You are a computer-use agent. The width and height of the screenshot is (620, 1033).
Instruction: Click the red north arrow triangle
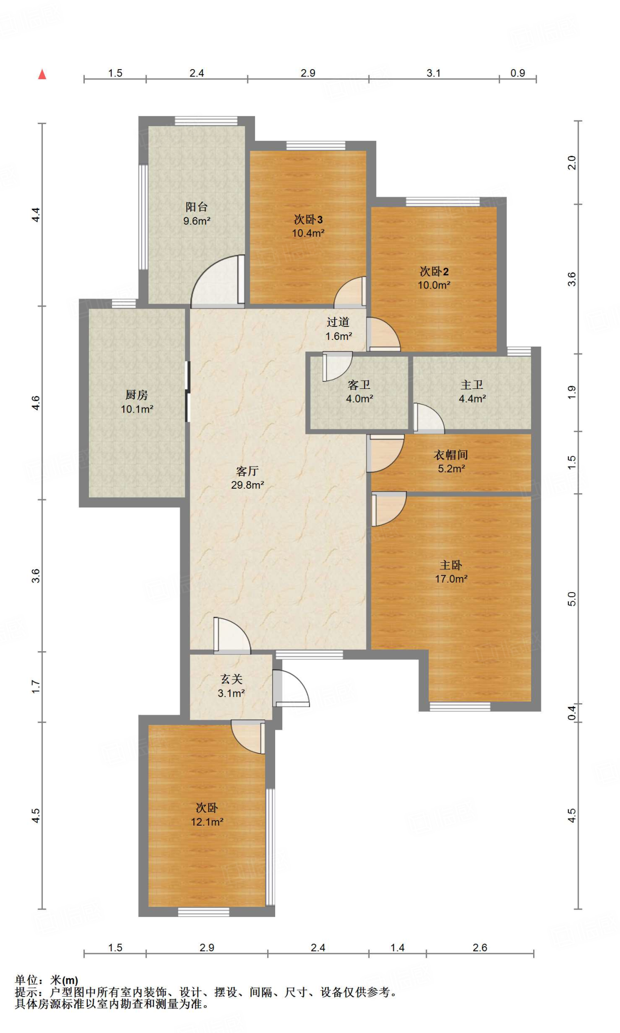(x=42, y=74)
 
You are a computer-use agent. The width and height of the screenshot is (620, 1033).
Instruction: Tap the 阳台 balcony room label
(x=196, y=207)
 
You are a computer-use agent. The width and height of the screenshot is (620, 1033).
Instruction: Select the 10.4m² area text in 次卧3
(x=308, y=233)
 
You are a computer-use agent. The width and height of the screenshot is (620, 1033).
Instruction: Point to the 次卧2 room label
(x=434, y=271)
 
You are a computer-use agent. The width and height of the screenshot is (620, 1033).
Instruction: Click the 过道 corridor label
(x=338, y=322)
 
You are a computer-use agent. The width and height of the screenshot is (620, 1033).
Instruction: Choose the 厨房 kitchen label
(x=137, y=395)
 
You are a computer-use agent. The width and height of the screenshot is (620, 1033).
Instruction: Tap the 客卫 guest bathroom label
(x=359, y=385)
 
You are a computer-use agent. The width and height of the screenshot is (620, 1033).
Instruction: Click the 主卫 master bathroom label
(x=472, y=385)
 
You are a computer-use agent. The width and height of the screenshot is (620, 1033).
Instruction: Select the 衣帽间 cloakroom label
(x=451, y=455)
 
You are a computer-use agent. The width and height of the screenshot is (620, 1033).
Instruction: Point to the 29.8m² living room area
(x=247, y=485)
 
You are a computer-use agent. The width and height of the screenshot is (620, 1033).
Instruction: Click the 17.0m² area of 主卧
(x=451, y=579)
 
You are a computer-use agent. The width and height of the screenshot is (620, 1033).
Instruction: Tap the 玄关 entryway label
(x=231, y=679)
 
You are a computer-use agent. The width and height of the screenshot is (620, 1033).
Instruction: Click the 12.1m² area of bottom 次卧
(x=207, y=822)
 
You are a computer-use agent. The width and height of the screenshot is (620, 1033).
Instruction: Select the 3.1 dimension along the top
(x=434, y=73)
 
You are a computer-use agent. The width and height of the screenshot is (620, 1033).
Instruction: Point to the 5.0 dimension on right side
(x=572, y=599)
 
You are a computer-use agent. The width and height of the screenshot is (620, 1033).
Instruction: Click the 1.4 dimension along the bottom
(x=397, y=948)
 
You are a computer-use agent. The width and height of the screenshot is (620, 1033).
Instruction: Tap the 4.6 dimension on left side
(x=35, y=403)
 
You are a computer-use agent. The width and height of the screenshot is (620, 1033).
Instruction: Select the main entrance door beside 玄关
(x=291, y=688)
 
